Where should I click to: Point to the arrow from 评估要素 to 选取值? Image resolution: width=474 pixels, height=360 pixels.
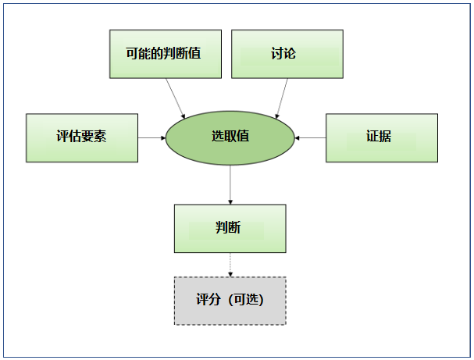151,137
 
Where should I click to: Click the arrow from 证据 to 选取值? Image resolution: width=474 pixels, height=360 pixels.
310,137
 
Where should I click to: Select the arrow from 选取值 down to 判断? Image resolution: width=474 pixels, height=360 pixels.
230,184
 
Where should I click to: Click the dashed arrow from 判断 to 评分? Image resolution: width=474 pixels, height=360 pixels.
230,265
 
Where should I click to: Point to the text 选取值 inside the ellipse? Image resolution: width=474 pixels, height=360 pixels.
230,136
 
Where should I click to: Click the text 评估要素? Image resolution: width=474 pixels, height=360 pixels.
81,137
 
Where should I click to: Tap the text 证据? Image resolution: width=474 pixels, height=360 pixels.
379,137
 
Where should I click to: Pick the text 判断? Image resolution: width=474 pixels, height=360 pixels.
228,228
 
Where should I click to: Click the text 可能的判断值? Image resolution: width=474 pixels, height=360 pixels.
165,54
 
